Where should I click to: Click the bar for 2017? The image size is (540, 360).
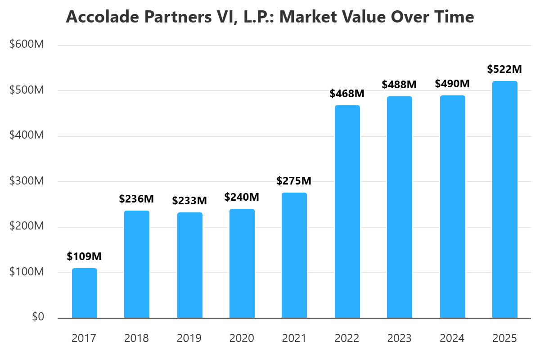85,293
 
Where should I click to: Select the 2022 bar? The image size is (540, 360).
347,211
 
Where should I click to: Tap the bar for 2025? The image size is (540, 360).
505,199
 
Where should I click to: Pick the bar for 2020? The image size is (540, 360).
242,263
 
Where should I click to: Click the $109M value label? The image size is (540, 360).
85,256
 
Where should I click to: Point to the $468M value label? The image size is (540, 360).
347,94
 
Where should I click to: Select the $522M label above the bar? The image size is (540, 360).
505,69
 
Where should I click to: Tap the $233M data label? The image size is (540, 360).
189,201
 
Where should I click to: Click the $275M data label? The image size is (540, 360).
294,181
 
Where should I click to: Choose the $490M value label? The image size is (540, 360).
452,84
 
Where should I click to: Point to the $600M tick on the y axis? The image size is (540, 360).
27,45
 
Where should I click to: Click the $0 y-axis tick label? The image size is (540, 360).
38,317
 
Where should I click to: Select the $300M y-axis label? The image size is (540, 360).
27,181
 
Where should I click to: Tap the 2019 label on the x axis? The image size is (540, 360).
189,338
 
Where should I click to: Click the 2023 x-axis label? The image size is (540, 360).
400,338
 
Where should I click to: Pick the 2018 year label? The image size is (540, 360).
137,338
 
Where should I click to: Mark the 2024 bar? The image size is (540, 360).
452,207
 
